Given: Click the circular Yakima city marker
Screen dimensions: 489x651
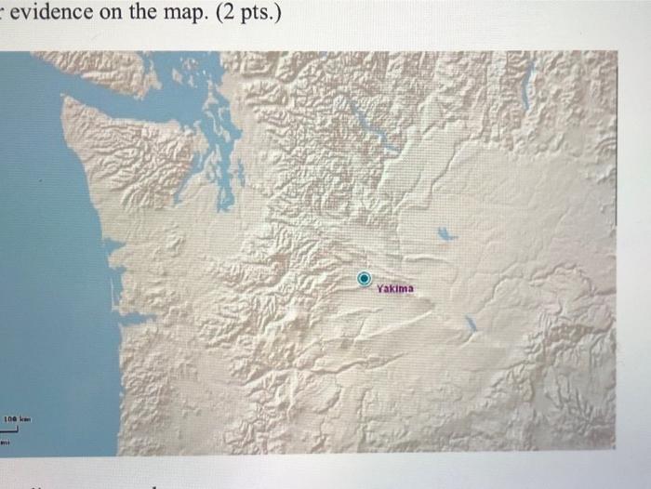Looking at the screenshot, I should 365,277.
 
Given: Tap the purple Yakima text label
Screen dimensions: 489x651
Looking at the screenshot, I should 396,289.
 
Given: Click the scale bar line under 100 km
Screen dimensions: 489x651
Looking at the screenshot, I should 18,430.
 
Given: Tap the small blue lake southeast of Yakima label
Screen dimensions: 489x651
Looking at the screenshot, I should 472,323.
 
